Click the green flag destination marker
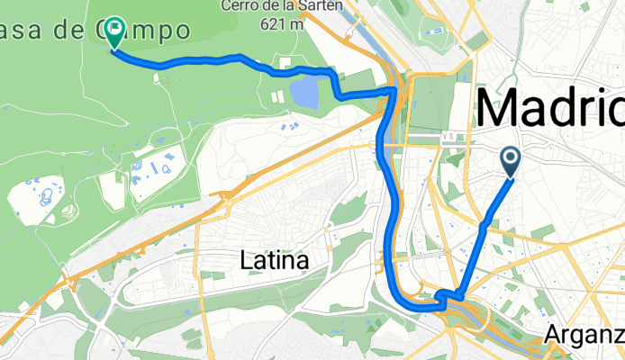pyautogui.click(x=115, y=32)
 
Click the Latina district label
pyautogui.click(x=275, y=261)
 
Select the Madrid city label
pyautogui.click(x=549, y=110)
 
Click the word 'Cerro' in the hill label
pyautogui.click(x=240, y=6)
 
